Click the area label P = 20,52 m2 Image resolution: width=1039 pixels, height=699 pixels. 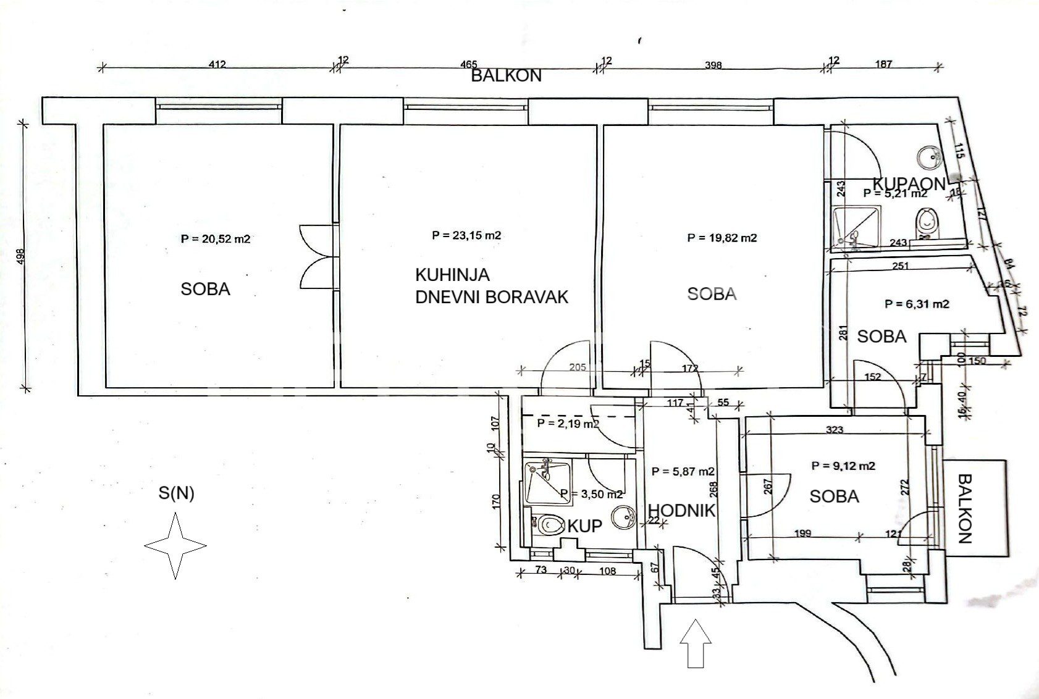coord(216,239)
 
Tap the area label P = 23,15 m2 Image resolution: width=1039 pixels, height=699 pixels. coord(466,235)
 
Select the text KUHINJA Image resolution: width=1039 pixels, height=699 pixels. coord(453,274)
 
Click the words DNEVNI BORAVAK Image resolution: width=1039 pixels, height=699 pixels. coord(492,297)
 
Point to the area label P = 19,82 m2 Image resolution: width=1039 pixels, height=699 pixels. coord(722,238)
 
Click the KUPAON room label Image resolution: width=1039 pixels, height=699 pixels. coord(909,183)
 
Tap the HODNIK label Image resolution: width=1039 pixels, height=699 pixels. coord(682,511)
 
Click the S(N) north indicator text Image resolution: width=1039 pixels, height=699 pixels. coord(176,493)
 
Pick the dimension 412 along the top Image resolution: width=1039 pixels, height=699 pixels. coord(218,64)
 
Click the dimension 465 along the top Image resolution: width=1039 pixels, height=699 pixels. coord(469,64)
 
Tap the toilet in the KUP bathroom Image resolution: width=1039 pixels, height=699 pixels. coord(547,526)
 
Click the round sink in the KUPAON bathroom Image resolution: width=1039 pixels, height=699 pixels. coord(928,157)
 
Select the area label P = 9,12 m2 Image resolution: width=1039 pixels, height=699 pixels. coord(844,466)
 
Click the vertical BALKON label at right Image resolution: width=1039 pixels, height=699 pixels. coord(965,508)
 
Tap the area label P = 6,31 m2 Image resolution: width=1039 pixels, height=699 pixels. coord(917,304)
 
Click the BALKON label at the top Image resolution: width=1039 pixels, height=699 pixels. coord(506,76)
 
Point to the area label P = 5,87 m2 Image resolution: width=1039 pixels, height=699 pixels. coord(683,471)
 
